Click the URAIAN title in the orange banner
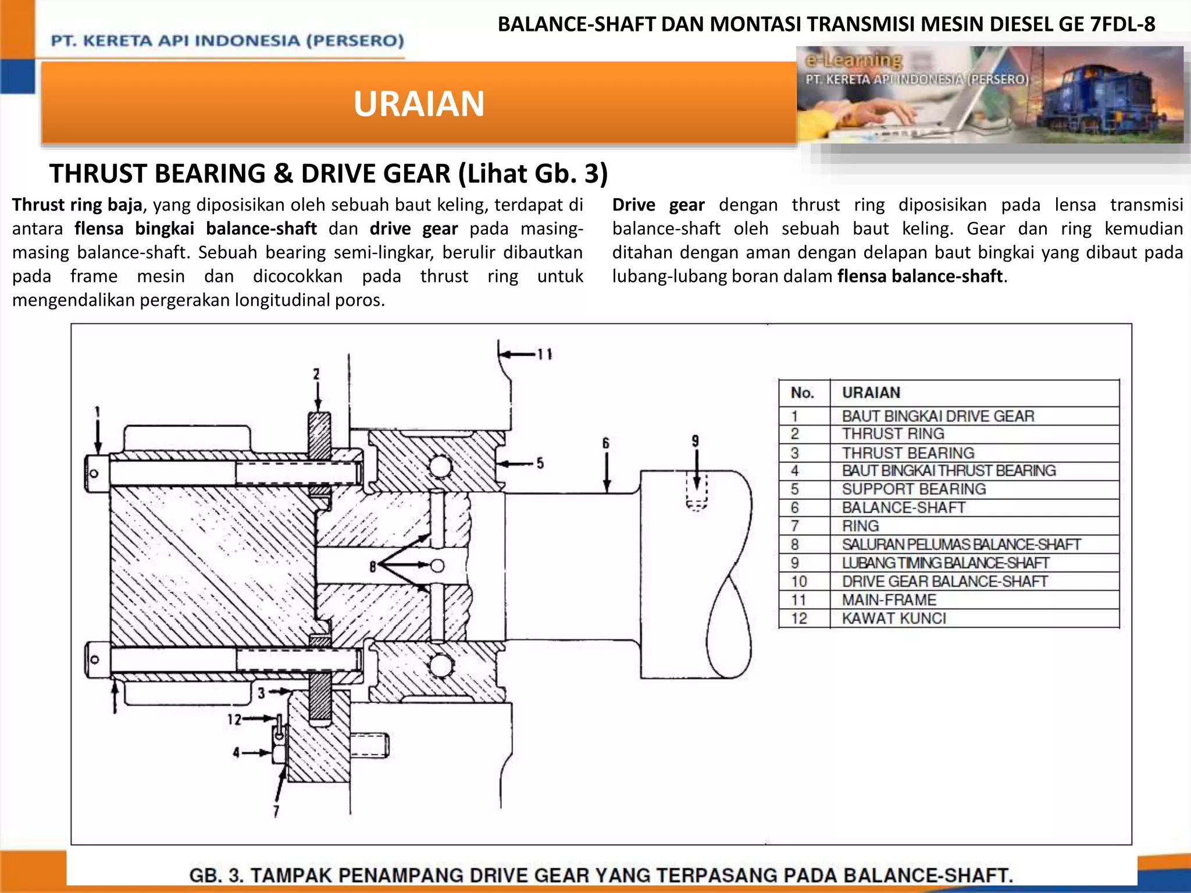419,104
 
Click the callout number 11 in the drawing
544,354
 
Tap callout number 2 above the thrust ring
316,374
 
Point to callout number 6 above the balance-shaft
605,444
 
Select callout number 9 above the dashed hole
695,441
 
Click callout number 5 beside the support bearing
540,463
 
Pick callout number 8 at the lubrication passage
373,566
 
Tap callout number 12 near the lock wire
234,720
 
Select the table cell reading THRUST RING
893,434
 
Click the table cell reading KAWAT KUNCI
894,618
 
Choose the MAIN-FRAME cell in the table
889,599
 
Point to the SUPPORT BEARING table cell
914,489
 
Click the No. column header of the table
802,393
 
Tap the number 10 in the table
799,581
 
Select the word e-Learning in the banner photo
853,60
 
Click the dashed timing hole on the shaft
696,491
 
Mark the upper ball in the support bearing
440,466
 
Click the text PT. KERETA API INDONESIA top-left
227,41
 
